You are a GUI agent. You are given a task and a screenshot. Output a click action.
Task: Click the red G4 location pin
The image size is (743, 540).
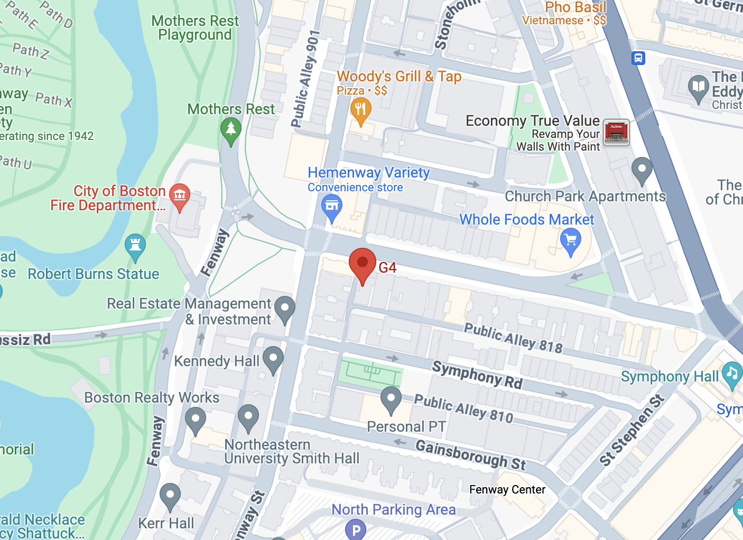[x=363, y=263]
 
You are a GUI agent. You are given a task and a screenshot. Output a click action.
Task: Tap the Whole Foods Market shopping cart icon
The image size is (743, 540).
[x=571, y=241]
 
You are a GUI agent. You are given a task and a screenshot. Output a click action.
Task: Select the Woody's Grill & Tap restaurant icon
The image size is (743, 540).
[x=360, y=110]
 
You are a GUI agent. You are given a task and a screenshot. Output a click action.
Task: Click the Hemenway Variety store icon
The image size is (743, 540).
[x=332, y=206]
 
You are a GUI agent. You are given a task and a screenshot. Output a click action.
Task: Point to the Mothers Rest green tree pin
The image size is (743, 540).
[x=230, y=129]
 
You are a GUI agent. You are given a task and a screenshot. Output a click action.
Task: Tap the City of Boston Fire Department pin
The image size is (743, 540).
[x=180, y=195]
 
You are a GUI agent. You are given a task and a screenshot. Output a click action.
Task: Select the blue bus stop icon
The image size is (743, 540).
[x=638, y=58]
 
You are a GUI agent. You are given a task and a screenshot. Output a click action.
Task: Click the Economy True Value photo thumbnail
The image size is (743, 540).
[x=616, y=132]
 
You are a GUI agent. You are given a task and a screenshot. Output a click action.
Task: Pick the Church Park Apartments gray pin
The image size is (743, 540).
[x=642, y=170]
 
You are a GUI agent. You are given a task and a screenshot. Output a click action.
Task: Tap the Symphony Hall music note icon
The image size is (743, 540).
[x=732, y=373]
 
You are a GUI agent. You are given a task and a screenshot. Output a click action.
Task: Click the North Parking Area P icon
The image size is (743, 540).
[x=356, y=529]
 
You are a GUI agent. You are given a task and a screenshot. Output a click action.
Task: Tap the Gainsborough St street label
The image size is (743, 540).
[x=470, y=454]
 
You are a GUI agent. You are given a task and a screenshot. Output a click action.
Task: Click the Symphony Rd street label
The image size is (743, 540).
[x=477, y=374]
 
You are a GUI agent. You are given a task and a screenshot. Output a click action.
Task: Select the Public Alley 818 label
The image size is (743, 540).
[x=513, y=338]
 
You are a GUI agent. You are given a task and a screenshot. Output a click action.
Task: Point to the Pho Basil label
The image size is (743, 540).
[x=575, y=7]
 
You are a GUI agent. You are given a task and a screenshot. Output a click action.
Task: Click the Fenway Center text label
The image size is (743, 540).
[x=507, y=490]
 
